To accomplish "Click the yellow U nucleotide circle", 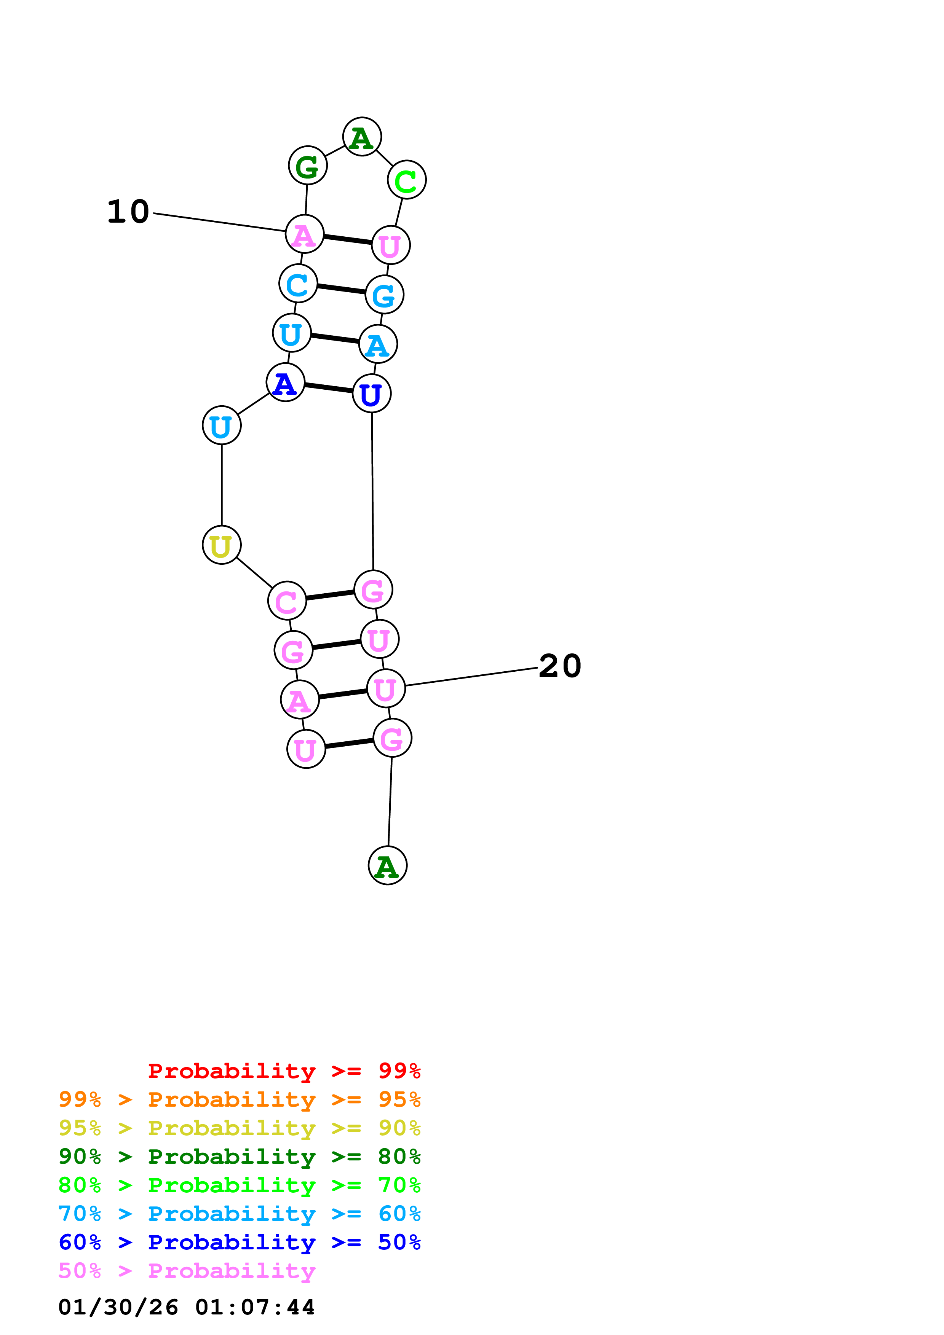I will coord(222,545).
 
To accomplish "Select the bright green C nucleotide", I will coord(407,180).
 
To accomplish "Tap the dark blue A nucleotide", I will coord(285,382).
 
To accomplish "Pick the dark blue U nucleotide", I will coord(372,393).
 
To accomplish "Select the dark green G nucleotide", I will coord(308,166).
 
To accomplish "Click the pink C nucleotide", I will coord(287,601).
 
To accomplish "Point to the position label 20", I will coord(559,666).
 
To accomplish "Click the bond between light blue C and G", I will coord(342,289).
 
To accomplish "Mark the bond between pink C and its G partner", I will coord(330,595).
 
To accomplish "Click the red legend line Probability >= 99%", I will coord(284,1071).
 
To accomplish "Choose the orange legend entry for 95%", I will coord(239,1099).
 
